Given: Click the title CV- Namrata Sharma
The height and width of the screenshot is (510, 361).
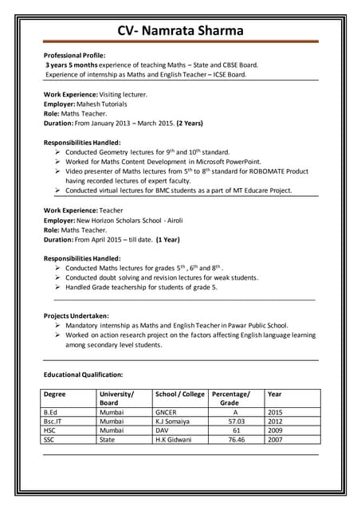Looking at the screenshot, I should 180,31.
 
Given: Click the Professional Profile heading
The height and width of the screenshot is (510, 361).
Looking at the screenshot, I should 75,55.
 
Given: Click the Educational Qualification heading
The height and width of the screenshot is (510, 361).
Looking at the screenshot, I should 84,374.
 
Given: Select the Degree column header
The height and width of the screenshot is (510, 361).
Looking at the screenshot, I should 55,394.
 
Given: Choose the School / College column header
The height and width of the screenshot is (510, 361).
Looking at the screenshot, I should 179,394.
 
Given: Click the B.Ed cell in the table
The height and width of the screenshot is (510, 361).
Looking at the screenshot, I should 51,412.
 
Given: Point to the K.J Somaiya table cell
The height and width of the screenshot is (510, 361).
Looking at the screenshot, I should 172,422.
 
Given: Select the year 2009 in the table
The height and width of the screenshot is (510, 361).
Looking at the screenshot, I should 275,430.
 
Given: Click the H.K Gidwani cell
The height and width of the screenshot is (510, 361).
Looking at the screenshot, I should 174,440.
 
